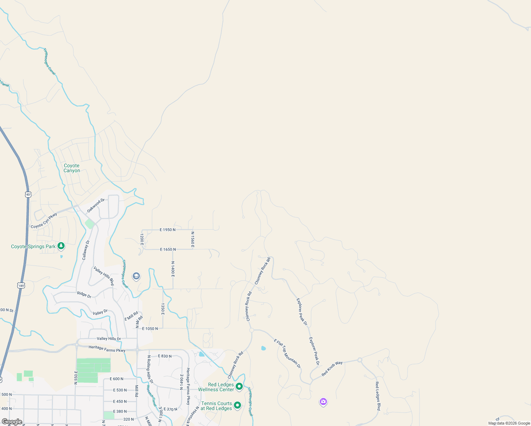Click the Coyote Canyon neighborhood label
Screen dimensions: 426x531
tap(72, 168)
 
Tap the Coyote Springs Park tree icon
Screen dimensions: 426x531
tap(61, 246)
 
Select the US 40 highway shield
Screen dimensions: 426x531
tap(28, 195)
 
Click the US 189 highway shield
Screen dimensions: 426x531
tap(21, 285)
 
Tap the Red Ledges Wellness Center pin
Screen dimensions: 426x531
tap(239, 386)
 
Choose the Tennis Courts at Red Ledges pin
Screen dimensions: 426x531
tap(237, 405)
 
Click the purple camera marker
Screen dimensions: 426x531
tap(323, 402)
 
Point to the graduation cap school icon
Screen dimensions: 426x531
tap(136, 276)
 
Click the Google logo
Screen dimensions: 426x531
tap(12, 422)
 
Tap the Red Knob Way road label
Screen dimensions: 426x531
tap(332, 368)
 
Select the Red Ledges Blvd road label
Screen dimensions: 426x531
tap(378, 396)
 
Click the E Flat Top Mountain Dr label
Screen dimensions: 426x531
tap(287, 353)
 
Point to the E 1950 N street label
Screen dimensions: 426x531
tap(168, 230)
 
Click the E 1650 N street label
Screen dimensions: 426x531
tap(168, 249)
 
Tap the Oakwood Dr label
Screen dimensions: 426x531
tap(96, 206)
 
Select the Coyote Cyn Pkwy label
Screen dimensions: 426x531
tap(44, 221)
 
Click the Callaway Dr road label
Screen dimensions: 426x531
tap(86, 250)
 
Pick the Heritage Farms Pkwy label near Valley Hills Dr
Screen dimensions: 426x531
tap(107, 349)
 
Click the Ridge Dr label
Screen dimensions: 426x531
tap(84, 294)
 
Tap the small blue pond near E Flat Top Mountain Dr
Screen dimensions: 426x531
tap(263, 348)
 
